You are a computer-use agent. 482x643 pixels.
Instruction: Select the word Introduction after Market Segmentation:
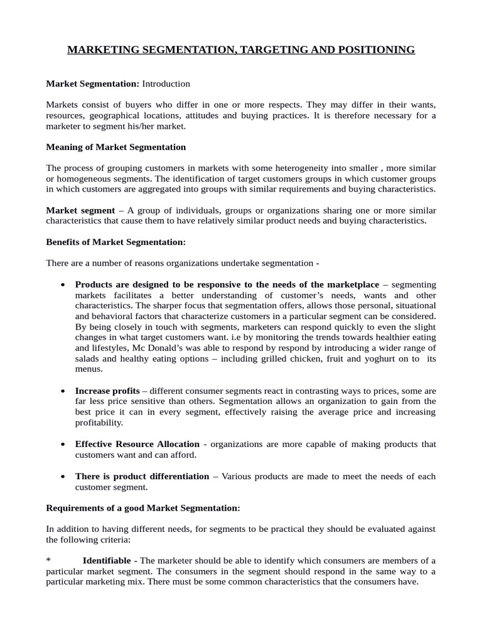coord(166,84)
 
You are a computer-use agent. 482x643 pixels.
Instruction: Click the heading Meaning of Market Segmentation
coord(116,147)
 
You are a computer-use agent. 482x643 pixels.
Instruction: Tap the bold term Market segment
coord(81,210)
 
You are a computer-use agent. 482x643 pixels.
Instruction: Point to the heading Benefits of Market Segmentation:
coord(116,242)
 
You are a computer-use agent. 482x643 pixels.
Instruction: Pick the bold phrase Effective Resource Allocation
coord(137,444)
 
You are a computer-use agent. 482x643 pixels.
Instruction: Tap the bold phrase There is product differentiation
coord(142,476)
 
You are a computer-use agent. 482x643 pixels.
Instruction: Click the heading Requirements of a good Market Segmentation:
coord(143,507)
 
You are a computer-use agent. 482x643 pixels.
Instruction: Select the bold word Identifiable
coord(107,560)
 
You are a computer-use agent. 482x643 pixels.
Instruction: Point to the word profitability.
coord(99,423)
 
